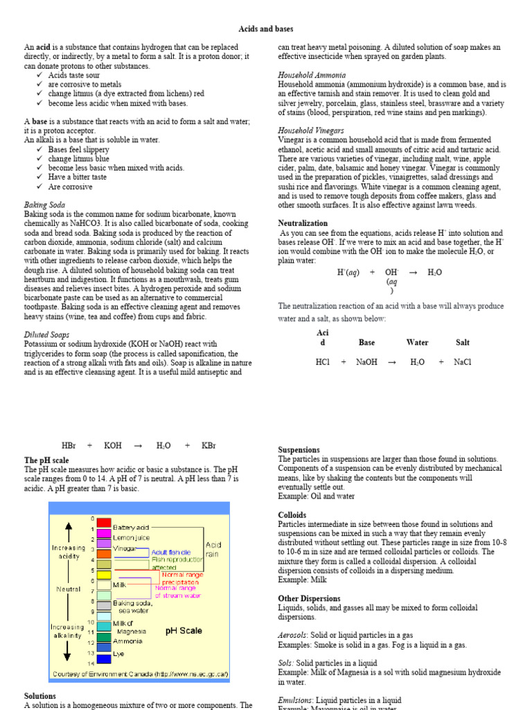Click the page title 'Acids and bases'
pos(266,29)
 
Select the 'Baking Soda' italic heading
pos(45,205)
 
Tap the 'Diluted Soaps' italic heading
pos(46,335)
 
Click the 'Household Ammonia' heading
pos(312,75)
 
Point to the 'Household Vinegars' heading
pos(311,130)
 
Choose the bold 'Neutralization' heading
pos(303,224)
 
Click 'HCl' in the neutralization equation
pos(323,362)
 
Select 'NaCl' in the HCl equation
pos(462,362)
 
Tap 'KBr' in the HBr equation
pos(209,445)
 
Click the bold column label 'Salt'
pos(462,343)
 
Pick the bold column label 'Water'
pos(417,343)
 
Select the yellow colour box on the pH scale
pos(103,564)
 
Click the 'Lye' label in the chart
pos(119,652)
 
